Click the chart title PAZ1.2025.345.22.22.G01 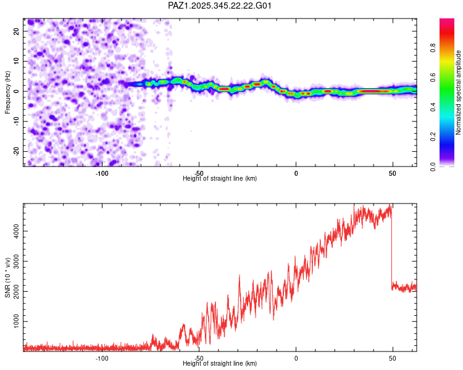tap(220, 6)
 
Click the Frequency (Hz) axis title tap(7, 91)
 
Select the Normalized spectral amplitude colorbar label tap(458, 92)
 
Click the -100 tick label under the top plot tap(102, 172)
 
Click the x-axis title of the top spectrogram tap(220, 178)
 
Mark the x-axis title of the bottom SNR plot tap(220, 364)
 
